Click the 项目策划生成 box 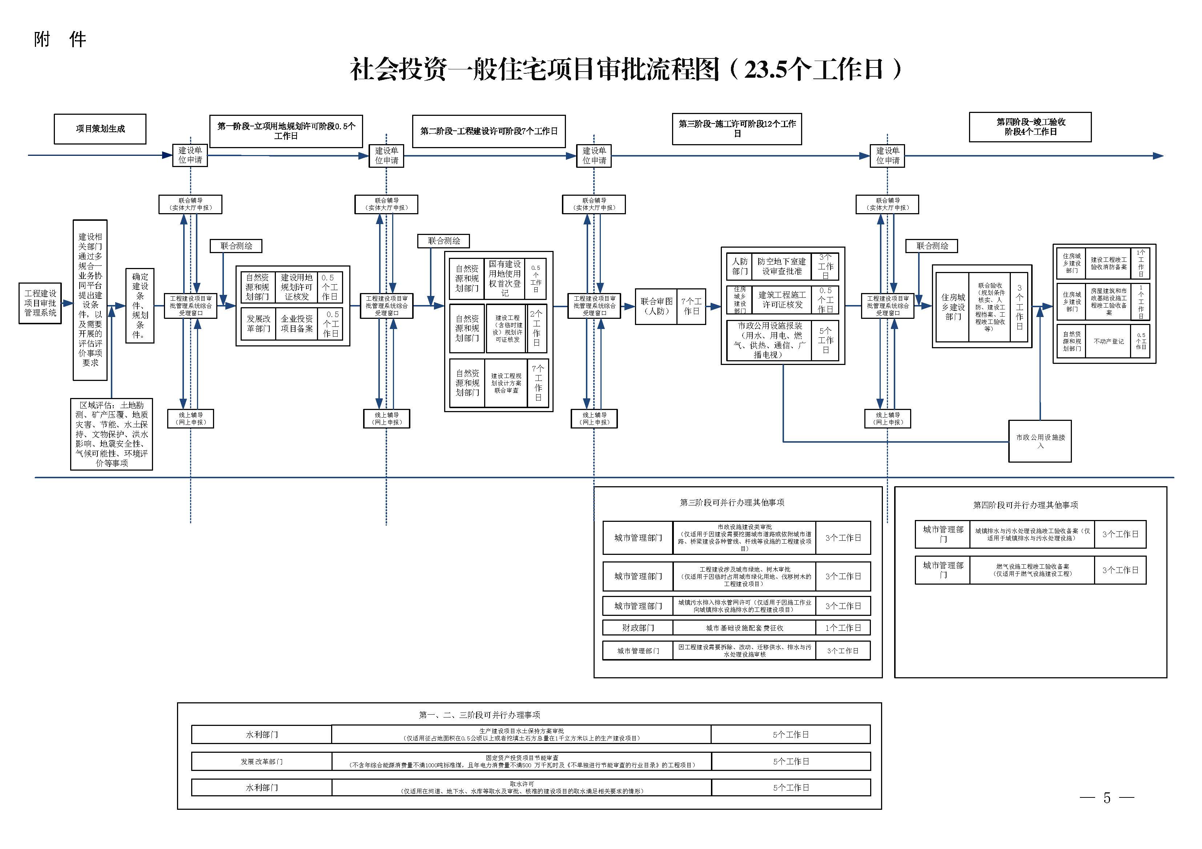coord(100,129)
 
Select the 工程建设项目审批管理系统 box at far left coord(40,304)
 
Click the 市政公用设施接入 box coord(1040,441)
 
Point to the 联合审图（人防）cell coord(656,306)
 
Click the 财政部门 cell coord(638,628)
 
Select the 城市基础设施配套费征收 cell coord(744,628)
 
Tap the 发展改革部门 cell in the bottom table coord(261,761)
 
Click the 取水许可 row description coord(522,788)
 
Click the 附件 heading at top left coord(60,39)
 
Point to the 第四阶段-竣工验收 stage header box coord(1030,127)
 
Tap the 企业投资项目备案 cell coord(296,324)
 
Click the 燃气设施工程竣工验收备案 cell coord(1032,570)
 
